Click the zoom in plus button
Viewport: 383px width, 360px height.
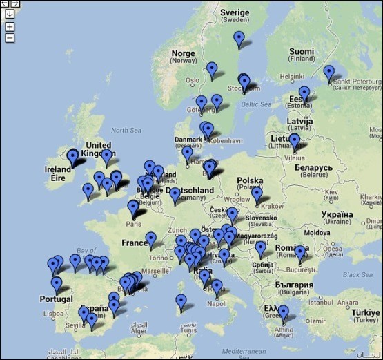tap(10, 26)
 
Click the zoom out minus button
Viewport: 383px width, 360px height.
tap(10, 38)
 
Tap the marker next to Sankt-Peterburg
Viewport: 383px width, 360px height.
tap(328, 73)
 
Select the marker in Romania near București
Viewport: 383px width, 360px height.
tap(299, 254)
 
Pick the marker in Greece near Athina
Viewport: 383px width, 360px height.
tap(283, 314)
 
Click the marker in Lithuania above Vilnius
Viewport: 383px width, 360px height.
tap(295, 141)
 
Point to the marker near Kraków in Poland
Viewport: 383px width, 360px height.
tap(257, 196)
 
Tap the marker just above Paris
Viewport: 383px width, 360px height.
tap(133, 207)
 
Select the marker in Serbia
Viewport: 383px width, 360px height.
tap(260, 248)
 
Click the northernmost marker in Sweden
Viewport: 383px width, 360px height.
tap(239, 39)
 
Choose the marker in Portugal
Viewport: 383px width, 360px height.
tap(57, 284)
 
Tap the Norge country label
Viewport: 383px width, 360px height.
tap(183, 54)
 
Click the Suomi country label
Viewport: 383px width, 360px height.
tap(301, 52)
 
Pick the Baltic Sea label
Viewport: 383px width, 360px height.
tap(257, 105)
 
